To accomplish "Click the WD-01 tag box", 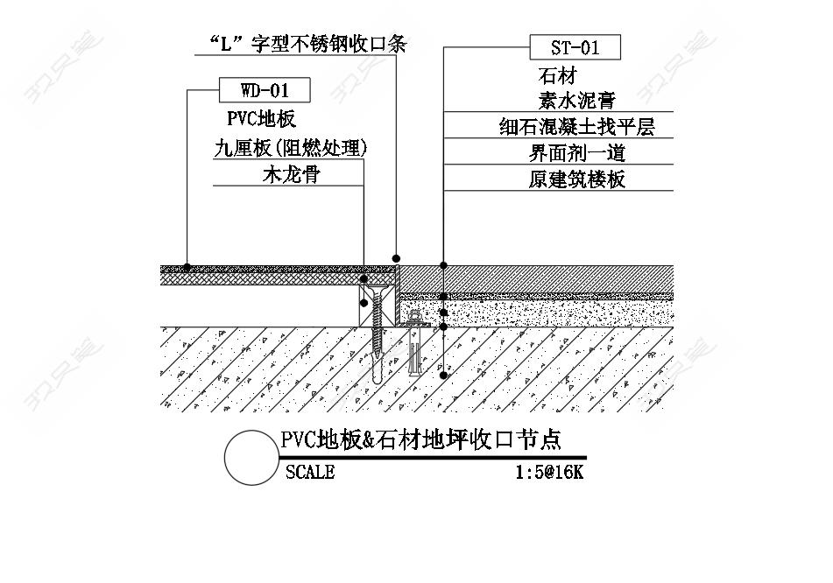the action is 265,90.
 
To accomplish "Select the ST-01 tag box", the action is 575,47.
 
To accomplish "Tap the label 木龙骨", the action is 291,174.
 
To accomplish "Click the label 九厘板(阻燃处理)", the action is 291,148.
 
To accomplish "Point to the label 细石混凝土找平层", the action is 577,127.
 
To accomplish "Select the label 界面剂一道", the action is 577,153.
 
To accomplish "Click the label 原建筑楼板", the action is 577,179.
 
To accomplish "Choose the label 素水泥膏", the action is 577,101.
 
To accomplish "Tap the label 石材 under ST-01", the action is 557,76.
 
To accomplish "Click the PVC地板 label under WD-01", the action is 261,118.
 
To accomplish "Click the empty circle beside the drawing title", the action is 251,457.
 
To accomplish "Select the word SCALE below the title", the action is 310,472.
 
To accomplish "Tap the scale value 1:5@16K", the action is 549,472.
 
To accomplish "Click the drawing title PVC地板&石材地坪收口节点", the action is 420,439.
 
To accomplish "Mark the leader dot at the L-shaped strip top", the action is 396,258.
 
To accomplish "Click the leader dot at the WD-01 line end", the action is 187,266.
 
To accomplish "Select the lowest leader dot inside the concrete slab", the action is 443,376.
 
